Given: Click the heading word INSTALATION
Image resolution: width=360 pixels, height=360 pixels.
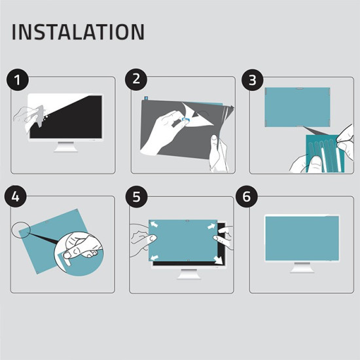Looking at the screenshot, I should coord(78,32).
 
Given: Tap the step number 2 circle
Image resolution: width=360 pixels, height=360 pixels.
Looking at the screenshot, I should coord(137,80).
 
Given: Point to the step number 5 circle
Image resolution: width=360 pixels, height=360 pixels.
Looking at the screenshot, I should coord(137,196).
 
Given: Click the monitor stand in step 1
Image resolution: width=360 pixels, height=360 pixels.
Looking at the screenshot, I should coord(65,146).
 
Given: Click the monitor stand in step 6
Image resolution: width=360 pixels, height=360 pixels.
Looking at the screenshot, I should coord(302,268).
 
